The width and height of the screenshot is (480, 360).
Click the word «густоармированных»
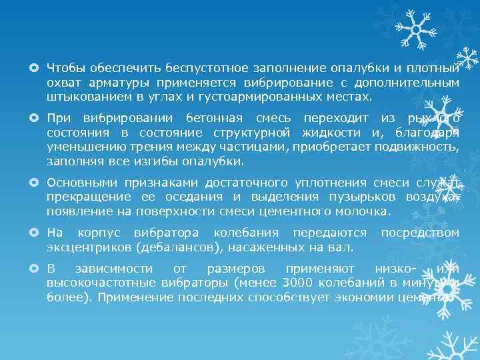pyautogui.click(x=287, y=97)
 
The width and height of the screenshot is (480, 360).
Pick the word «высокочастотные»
pyautogui.click(x=98, y=283)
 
